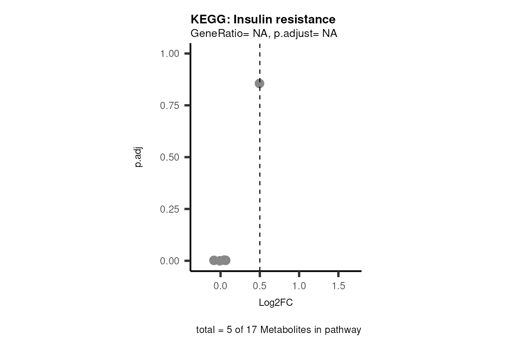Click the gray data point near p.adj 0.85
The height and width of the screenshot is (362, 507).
[259, 83]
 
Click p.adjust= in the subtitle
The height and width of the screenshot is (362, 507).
[297, 34]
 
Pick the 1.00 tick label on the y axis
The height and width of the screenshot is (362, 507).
[169, 54]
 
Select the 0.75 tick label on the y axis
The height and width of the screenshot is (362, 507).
[169, 106]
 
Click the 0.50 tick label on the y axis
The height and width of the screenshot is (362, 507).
[169, 157]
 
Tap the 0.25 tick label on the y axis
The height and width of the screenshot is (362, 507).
[169, 209]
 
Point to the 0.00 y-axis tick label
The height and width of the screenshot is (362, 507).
[169, 261]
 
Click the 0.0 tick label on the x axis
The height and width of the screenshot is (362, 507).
[220, 286]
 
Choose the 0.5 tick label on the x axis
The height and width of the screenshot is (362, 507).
[260, 286]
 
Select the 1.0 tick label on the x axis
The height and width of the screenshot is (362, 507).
[299, 286]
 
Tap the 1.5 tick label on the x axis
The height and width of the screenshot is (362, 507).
[338, 286]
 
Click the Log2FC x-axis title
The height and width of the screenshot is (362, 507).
[276, 303]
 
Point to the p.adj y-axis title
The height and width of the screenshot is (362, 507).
[138, 157]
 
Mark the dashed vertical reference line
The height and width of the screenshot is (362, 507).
[260, 170]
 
